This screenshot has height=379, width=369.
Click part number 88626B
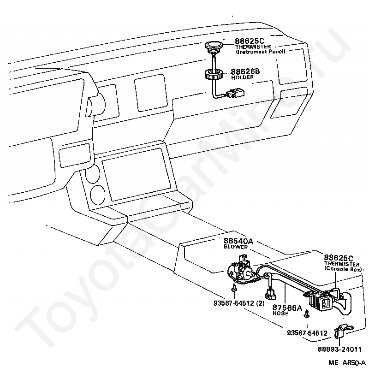[x=245, y=71]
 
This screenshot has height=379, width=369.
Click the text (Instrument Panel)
[x=261, y=52]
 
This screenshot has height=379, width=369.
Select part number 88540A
[x=239, y=241]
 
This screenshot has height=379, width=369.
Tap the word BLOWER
[x=236, y=247]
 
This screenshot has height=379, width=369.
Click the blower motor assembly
[x=242, y=272]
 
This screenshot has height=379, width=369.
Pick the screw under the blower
[x=234, y=288]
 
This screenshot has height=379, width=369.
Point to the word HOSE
[x=280, y=314]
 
